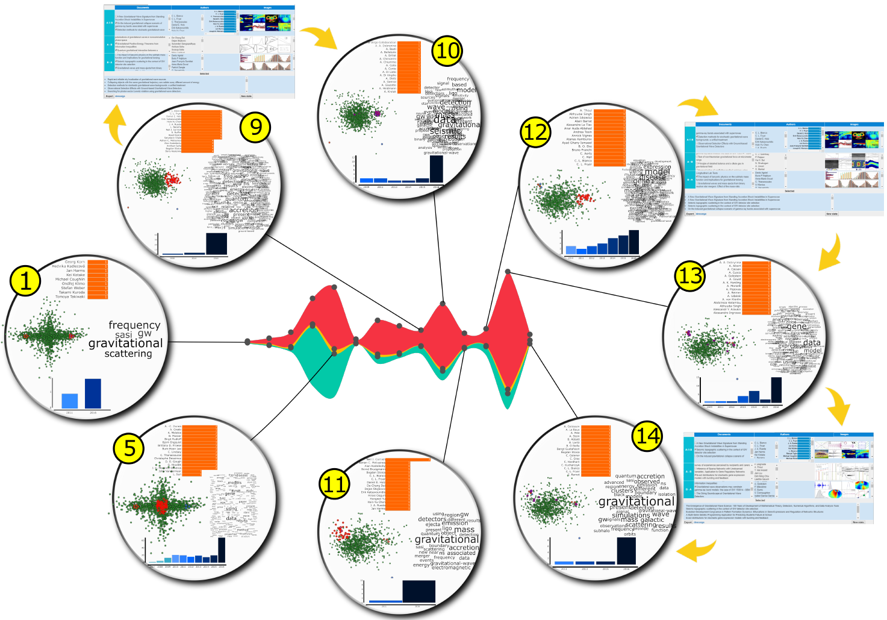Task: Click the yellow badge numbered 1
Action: (25, 281)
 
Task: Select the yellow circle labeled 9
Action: (255, 127)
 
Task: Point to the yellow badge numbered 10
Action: (447, 51)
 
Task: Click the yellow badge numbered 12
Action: (535, 132)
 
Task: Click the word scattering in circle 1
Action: (128, 354)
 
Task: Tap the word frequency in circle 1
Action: (134, 325)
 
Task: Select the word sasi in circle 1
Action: (123, 334)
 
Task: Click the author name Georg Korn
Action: (75, 262)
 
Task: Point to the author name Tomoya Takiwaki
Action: (70, 296)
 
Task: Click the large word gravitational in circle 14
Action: (636, 501)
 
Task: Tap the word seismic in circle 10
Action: (446, 131)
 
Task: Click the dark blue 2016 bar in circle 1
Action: (93, 393)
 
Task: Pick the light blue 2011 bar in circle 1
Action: (70, 401)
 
